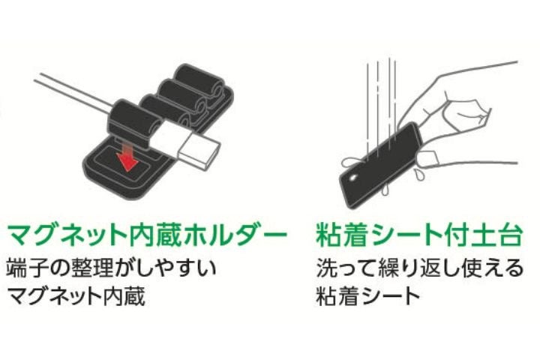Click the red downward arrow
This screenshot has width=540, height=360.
tap(127, 157)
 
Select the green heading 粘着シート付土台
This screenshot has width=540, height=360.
tap(419, 235)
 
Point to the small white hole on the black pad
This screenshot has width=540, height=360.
tap(353, 178)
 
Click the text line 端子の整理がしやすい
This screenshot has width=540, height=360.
tap(112, 268)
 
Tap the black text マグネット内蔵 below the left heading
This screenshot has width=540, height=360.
tap(76, 296)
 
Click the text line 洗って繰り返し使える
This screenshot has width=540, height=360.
tap(420, 268)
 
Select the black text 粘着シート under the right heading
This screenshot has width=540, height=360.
tap(367, 296)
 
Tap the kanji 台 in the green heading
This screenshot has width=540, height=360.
tap(509, 235)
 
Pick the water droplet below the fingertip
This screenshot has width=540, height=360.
tap(419, 175)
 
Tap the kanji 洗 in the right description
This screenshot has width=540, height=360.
tap(325, 268)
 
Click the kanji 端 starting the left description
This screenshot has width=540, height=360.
tap(16, 268)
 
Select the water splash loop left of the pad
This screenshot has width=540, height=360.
tap(352, 162)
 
